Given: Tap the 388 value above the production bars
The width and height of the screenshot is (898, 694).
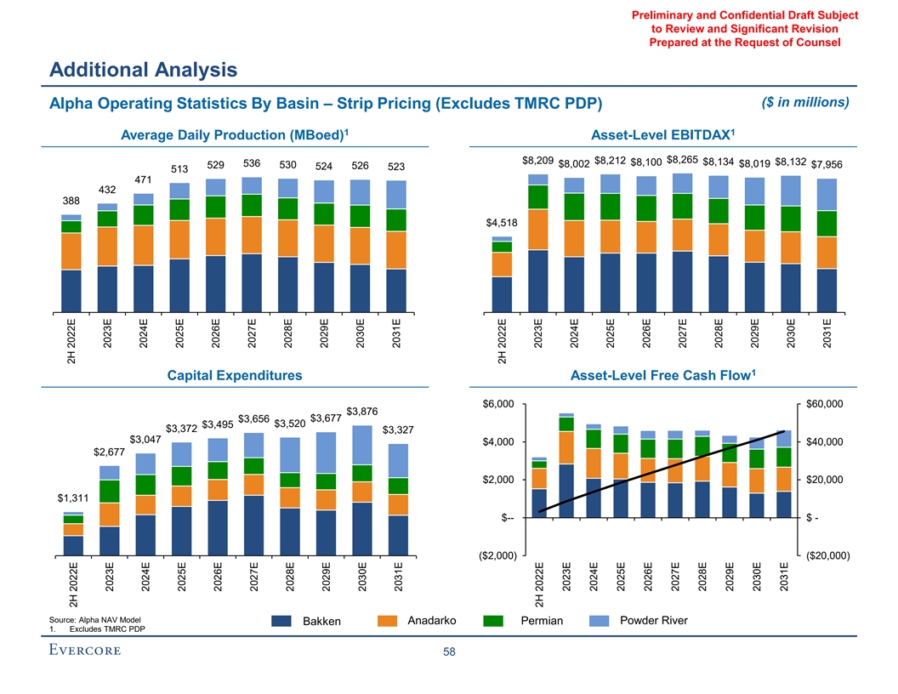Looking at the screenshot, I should pyautogui.click(x=71, y=202).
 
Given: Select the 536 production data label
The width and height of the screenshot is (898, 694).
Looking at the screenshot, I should pyautogui.click(x=252, y=162).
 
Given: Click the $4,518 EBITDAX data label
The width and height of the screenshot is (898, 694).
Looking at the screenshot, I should pyautogui.click(x=502, y=223).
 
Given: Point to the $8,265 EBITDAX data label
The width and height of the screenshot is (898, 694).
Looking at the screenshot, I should pyautogui.click(x=684, y=159).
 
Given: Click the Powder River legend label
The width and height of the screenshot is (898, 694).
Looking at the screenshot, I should pyautogui.click(x=654, y=620).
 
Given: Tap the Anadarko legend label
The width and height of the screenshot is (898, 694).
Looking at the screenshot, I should pyautogui.click(x=432, y=620).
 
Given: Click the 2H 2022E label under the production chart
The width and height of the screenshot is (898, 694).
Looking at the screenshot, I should pyautogui.click(x=71, y=337).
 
